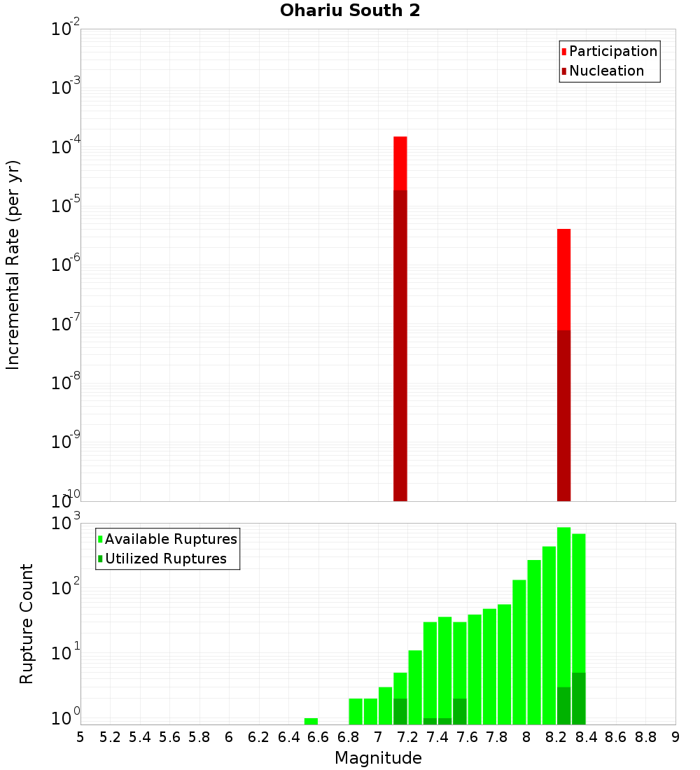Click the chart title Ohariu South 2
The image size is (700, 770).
(x=350, y=11)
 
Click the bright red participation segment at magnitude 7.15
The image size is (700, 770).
(x=400, y=162)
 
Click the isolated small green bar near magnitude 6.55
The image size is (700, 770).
(x=311, y=721)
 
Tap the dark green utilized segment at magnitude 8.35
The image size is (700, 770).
(x=578, y=698)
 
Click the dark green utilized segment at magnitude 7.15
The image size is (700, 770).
(x=400, y=710)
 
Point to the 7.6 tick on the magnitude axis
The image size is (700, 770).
(x=467, y=737)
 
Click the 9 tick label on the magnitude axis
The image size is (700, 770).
(x=675, y=737)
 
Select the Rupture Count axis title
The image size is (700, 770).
(x=26, y=624)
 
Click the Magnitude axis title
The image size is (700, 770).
(x=378, y=757)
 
